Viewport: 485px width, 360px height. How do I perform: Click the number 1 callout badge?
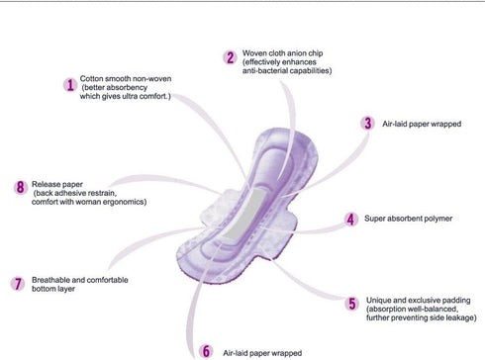[70, 85]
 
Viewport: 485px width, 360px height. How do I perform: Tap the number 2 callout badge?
[230, 57]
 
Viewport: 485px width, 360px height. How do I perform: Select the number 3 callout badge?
[367, 124]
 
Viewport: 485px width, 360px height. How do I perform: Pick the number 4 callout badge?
[350, 220]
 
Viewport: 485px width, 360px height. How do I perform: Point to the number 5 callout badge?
[352, 304]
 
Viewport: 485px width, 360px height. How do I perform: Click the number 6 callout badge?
[206, 351]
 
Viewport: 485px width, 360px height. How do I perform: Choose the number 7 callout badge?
[18, 284]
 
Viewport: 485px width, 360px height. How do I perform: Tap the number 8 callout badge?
[21, 187]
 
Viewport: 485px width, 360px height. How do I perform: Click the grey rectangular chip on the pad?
[244, 215]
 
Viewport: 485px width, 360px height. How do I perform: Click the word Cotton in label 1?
[91, 79]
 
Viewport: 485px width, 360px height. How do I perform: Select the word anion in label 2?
[297, 53]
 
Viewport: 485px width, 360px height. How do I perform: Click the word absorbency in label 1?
[127, 88]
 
